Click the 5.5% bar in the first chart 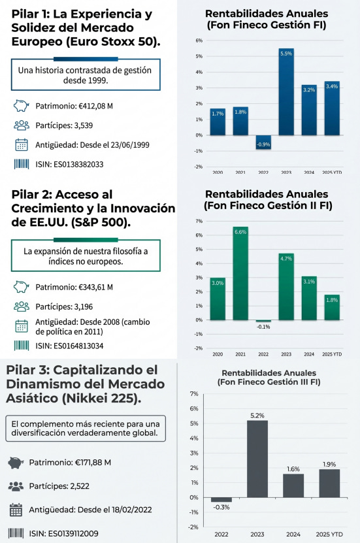[x=286, y=91]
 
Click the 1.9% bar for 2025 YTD [x=329, y=483]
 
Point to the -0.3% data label [x=221, y=507]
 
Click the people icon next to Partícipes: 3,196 [x=21, y=305]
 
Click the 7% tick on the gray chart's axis [x=193, y=394]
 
